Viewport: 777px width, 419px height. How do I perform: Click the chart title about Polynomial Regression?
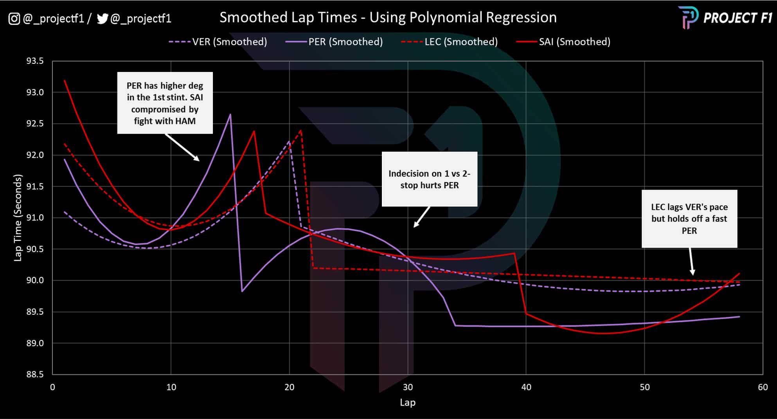388,18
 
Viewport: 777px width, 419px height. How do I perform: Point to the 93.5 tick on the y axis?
35,61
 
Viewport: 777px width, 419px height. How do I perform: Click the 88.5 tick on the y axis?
35,374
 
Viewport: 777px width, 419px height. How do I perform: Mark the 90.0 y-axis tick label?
35,280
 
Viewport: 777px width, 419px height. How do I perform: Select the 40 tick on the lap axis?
526,387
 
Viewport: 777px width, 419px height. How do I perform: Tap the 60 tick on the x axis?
763,387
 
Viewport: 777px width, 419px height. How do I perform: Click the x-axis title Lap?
408,403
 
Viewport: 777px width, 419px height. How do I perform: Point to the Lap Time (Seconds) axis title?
18,218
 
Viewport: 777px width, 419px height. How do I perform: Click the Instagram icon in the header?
14,18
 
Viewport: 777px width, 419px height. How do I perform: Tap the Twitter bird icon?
102,18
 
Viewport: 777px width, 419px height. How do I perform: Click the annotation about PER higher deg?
165,103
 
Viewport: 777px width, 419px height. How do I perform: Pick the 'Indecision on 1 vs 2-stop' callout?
429,179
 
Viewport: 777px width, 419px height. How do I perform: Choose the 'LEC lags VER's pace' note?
689,219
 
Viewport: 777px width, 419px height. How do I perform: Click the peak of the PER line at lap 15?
230,114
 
